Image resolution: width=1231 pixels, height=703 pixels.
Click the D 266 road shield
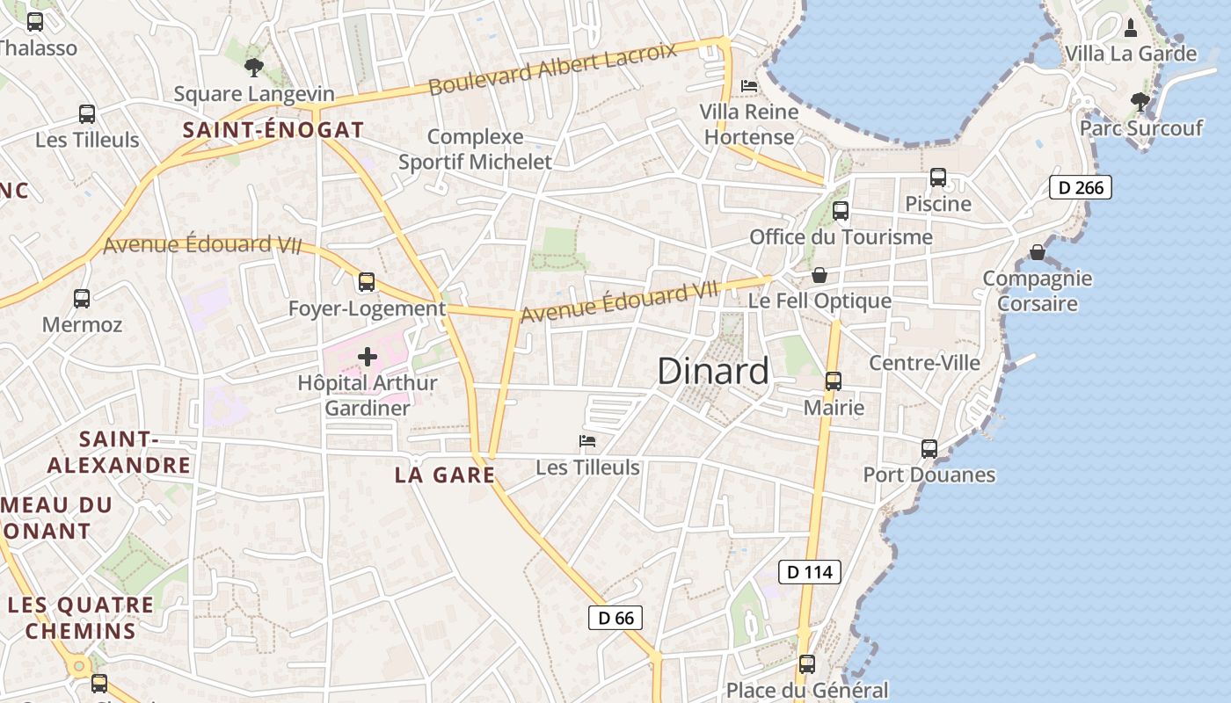point(1081,187)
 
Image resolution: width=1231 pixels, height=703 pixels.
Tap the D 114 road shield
point(810,572)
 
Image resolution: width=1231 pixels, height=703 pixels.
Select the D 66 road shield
point(615,618)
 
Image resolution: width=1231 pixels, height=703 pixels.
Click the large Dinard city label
point(713,372)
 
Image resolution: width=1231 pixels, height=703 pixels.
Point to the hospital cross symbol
point(368,357)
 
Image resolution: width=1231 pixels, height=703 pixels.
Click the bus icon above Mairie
point(833,381)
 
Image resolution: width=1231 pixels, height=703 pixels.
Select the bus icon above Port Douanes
point(929,449)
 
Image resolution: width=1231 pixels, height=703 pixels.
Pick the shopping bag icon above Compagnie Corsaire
point(1038,252)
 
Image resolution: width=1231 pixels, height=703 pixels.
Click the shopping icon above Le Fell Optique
point(819,275)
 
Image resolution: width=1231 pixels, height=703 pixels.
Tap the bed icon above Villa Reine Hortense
point(749,85)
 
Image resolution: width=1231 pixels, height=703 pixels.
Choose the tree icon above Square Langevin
point(254,67)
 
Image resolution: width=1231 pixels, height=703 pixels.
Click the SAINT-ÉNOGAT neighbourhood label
point(273,130)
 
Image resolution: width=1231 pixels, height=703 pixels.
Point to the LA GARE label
point(445,475)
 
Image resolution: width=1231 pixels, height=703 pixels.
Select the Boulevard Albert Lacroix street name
point(553,68)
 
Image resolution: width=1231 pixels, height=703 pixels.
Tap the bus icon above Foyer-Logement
point(367,282)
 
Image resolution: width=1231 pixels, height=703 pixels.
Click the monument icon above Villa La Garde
point(1131,28)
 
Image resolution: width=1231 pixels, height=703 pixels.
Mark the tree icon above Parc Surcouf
point(1140,102)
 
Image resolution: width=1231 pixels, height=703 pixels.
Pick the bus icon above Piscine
point(938,178)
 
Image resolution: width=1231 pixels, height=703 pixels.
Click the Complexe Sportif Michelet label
point(476,149)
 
